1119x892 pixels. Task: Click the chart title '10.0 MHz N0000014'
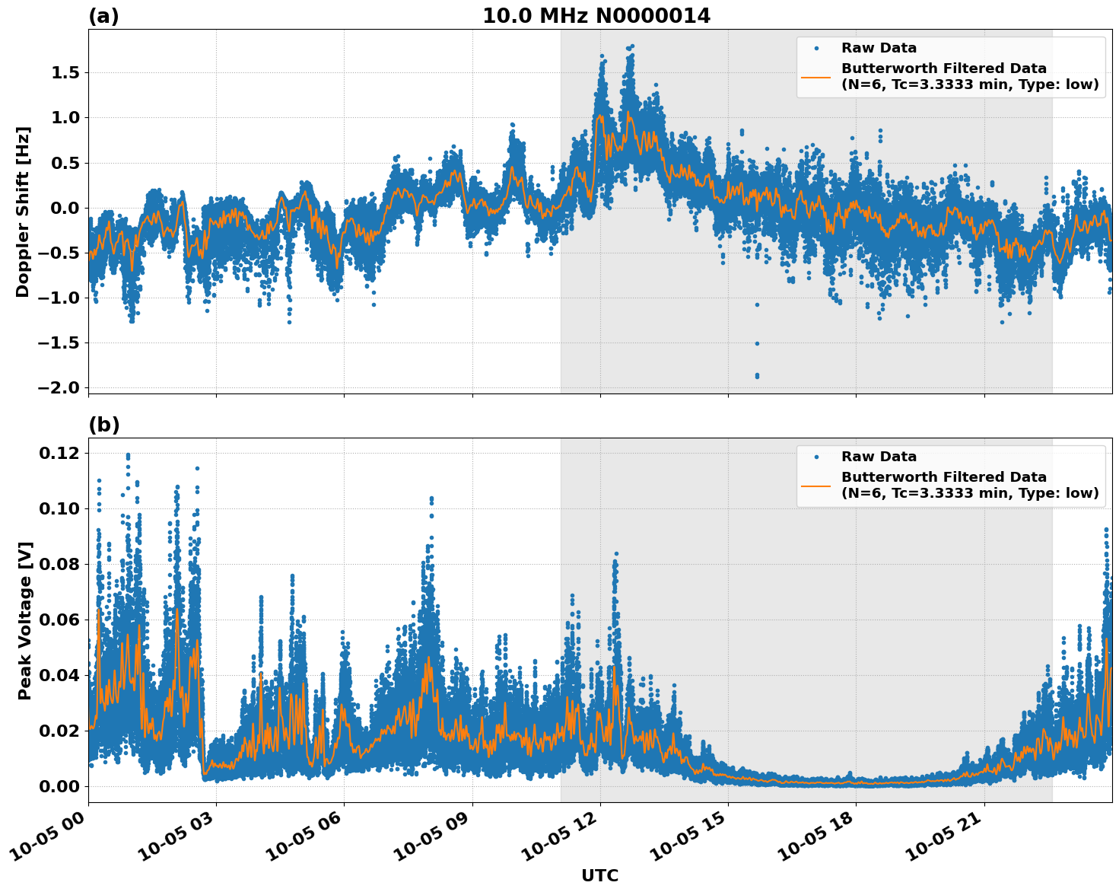596,16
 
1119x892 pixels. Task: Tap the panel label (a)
103,16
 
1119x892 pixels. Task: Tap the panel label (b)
104,425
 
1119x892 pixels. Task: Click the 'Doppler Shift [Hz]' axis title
23,212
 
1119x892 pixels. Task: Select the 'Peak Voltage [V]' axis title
25,620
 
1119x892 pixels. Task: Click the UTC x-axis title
599,875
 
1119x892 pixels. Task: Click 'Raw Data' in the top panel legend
879,48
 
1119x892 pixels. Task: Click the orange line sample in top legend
815,77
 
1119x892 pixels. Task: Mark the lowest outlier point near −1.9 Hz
757,375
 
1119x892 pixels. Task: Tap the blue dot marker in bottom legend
815,457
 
